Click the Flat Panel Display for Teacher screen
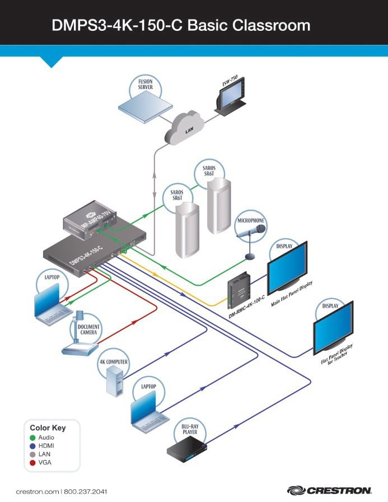[x=333, y=328]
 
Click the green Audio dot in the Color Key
[x=33, y=437]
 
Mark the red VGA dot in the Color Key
[x=33, y=463]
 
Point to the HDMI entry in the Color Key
[x=47, y=445]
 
